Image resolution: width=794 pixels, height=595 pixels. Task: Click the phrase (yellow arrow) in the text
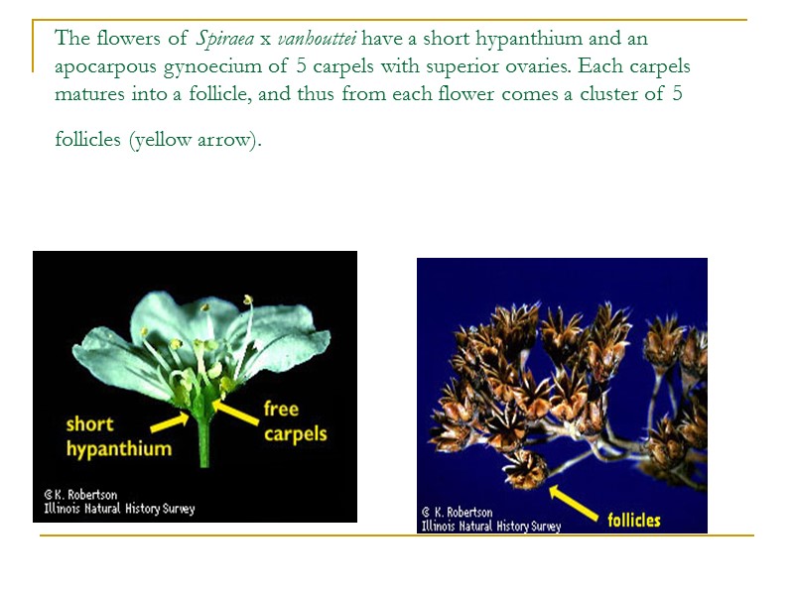[194, 140]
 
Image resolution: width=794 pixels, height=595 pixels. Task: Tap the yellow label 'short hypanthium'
[118, 436]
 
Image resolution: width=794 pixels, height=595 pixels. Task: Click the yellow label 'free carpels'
[295, 421]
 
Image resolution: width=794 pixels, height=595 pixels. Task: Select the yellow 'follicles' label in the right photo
[633, 520]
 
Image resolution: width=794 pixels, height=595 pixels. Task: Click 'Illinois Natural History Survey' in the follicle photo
[490, 526]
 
